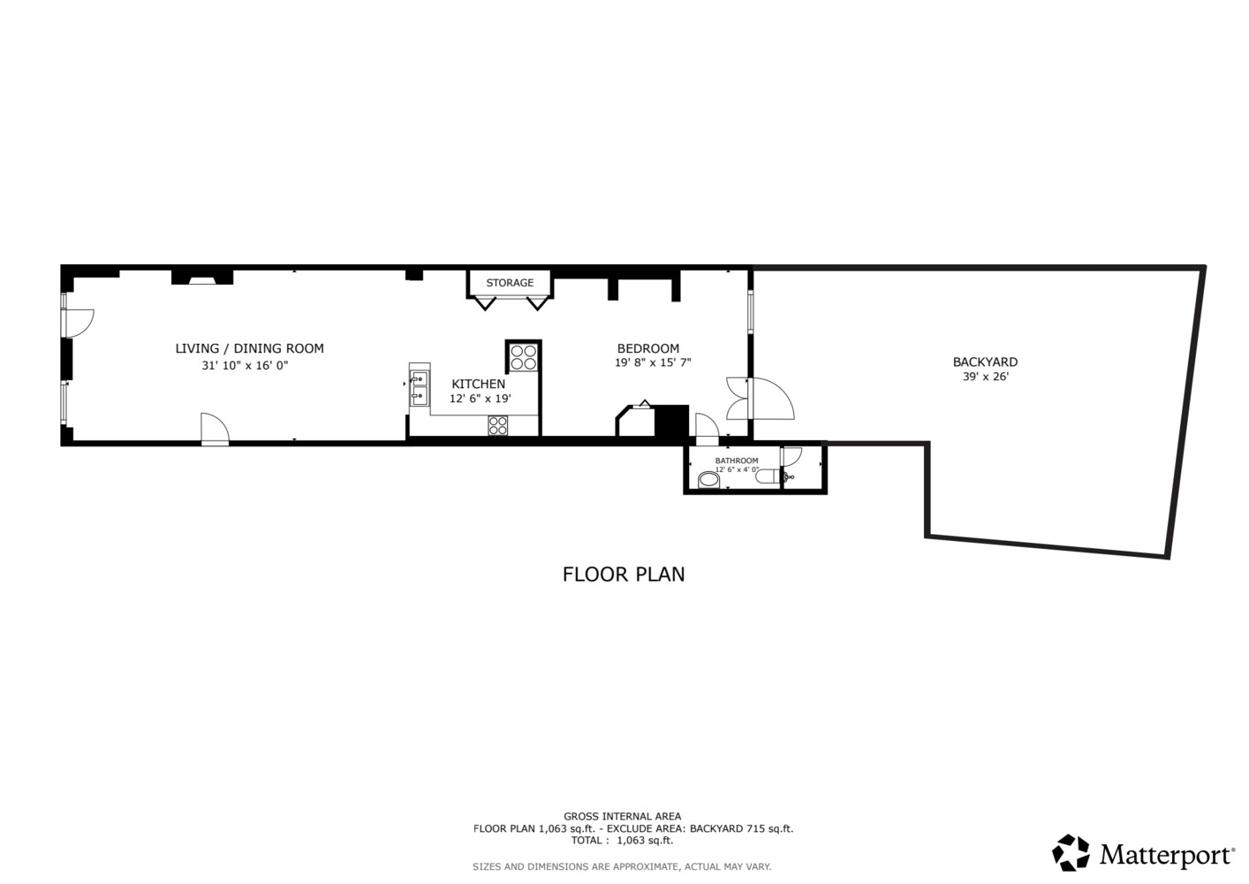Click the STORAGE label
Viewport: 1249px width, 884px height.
click(510, 283)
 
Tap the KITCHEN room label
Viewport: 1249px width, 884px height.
click(478, 384)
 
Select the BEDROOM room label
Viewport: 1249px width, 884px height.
click(648, 348)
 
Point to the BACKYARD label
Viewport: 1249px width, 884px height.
click(985, 362)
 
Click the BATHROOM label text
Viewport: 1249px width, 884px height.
click(737, 461)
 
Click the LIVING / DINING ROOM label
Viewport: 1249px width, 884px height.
click(249, 348)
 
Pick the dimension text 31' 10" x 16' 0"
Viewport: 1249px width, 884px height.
click(245, 365)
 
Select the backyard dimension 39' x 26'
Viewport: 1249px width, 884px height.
click(985, 377)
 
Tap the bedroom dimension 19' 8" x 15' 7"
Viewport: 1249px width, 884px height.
click(653, 362)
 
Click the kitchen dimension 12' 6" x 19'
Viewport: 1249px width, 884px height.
click(480, 399)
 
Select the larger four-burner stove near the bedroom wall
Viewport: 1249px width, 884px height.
click(523, 357)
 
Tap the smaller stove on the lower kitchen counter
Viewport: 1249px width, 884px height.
click(498, 425)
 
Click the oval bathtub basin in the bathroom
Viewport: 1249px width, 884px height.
click(708, 481)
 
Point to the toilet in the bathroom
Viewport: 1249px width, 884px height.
click(768, 477)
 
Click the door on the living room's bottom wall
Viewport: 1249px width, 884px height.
click(215, 430)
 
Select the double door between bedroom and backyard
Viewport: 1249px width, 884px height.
click(760, 398)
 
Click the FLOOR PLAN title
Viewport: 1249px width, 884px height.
click(624, 574)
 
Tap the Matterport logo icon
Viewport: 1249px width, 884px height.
click(1071, 853)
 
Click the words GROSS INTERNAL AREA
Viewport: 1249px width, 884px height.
click(622, 816)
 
